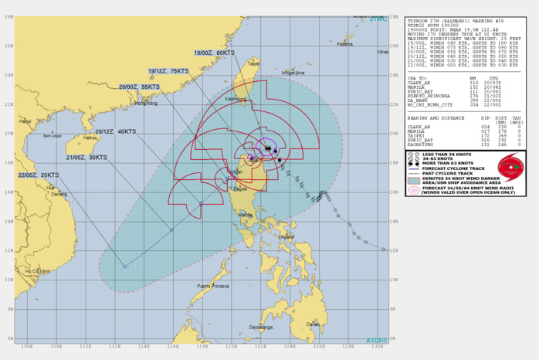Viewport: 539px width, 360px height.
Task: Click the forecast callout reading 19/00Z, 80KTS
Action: tap(215, 53)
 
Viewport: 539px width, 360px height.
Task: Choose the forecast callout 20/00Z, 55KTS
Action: tap(140, 87)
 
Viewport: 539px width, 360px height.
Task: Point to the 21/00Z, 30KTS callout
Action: tap(86, 157)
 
